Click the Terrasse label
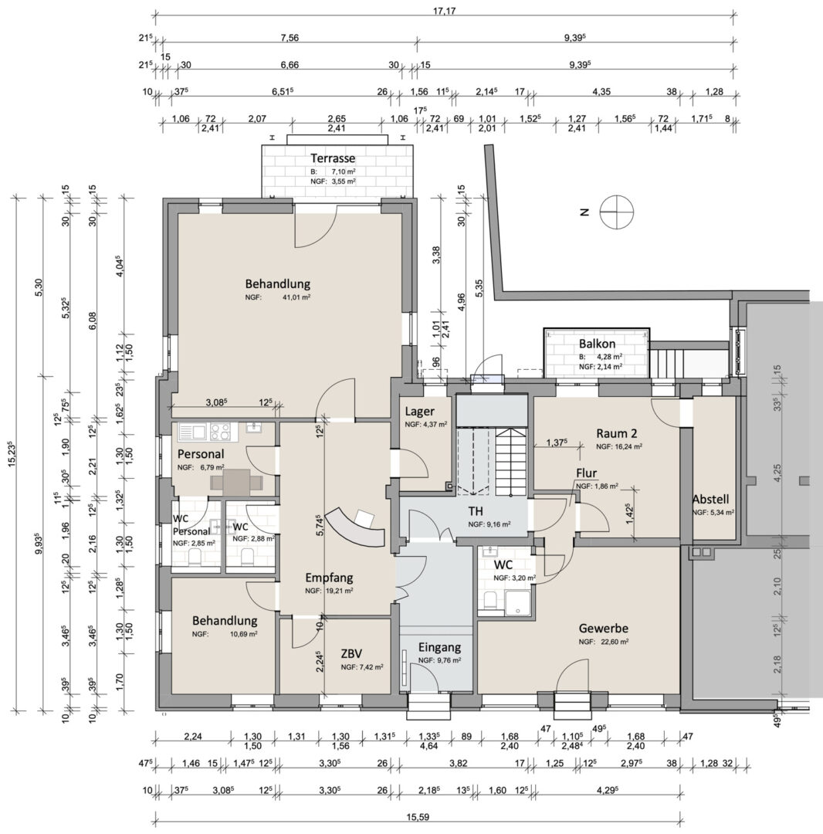click(333, 158)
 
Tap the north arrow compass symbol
click(617, 212)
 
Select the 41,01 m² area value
click(296, 297)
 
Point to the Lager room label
click(419, 411)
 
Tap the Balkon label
click(597, 344)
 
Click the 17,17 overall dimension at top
click(445, 11)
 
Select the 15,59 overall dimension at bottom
click(419, 817)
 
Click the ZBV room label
click(352, 654)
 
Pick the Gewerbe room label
click(604, 628)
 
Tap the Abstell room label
click(710, 500)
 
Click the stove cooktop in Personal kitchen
click(220, 432)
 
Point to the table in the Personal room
click(236, 483)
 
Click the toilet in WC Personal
click(195, 558)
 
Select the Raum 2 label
click(617, 433)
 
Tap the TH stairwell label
click(476, 511)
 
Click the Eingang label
click(439, 647)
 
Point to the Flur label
click(586, 473)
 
